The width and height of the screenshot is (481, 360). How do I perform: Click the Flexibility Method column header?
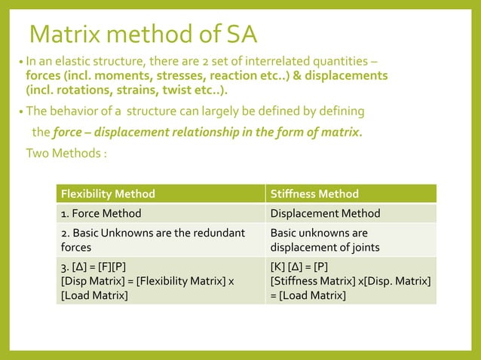108,194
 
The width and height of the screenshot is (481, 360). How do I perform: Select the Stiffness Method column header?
314,194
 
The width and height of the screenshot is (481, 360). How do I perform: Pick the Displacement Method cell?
325,214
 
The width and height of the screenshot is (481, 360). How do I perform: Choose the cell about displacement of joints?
324,239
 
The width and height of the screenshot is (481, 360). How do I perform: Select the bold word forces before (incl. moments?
44,75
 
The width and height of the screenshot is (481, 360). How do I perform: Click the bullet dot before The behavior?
20,112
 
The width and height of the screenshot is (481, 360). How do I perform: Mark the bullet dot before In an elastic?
20,63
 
